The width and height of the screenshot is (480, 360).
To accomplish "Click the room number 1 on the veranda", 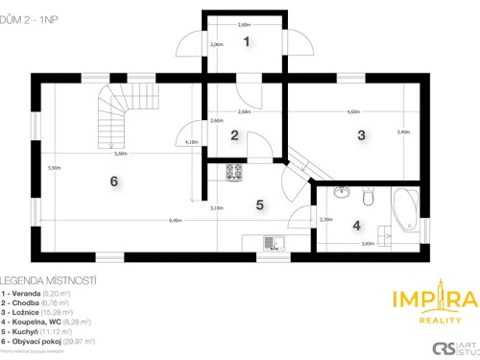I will click(247, 41).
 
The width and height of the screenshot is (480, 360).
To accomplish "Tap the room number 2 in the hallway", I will click(234, 135).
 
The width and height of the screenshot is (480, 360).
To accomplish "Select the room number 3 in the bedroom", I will click(361, 135).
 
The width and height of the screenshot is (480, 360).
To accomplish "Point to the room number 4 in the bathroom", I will click(356, 226).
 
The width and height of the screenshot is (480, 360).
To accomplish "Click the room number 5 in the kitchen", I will click(259, 204).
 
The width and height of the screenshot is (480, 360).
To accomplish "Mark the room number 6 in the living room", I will click(113, 181).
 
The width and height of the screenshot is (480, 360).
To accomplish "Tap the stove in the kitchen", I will click(234, 173).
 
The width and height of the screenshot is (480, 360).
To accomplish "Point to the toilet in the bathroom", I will click(367, 196).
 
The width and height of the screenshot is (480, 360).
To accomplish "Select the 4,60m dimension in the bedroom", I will click(354, 112).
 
